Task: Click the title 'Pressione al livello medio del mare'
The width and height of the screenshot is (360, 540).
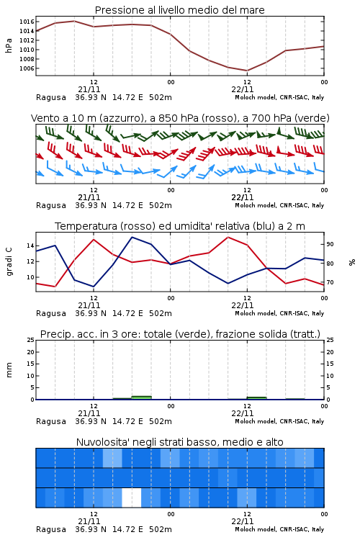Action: coord(179,10)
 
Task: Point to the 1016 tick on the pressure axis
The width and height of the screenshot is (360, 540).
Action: coord(27,22)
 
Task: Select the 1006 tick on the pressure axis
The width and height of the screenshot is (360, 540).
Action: coord(27,68)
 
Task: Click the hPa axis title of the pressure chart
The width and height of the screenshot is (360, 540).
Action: coord(9,45)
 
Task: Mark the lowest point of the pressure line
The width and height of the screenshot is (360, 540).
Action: coord(247,71)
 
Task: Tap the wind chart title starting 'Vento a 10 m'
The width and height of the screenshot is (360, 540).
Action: coord(180,118)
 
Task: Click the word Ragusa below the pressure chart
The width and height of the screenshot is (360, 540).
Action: coord(51,97)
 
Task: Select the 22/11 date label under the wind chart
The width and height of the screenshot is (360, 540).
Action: coord(243,197)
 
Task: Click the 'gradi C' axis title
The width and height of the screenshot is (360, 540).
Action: coord(9,262)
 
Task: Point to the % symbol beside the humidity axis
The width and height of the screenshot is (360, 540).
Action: coord(352,262)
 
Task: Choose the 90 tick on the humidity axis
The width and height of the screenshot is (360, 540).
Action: coord(330,244)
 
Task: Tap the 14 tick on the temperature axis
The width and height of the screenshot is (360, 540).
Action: coord(30,246)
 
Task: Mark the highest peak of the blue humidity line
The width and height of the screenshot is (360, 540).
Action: coord(132,237)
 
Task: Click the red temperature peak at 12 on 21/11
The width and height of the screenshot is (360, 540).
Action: coord(94,239)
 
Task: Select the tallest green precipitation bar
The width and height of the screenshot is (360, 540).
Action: coord(142,397)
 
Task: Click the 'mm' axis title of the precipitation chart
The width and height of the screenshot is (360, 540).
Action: coord(9,370)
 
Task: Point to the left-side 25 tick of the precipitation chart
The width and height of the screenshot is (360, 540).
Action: coord(30,340)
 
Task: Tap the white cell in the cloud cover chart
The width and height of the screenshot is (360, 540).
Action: coord(132,498)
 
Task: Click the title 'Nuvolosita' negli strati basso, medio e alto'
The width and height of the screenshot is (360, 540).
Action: coord(179,442)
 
